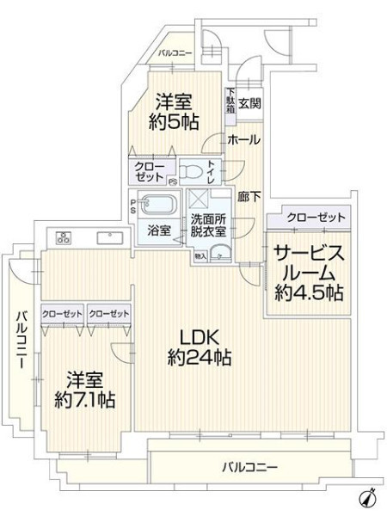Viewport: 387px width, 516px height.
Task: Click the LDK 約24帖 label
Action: pos(200,347)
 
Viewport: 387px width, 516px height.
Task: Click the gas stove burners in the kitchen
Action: pos(64,237)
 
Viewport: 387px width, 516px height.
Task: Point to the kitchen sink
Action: pos(110,238)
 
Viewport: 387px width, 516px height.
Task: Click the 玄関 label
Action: pos(249,104)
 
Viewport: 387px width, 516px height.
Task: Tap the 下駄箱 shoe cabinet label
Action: pos(230,101)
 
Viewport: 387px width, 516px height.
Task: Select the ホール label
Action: pos(244,140)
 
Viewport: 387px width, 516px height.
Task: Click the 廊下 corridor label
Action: pos(249,197)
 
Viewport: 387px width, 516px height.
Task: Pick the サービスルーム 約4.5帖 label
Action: pos(309,273)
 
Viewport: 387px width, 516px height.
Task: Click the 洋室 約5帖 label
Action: pos(174,112)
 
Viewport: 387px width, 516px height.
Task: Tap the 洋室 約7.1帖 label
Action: pos(84,390)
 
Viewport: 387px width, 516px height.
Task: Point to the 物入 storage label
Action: pos(200,256)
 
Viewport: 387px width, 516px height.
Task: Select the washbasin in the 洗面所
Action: pos(220,253)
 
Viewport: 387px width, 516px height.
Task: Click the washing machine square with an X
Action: pos(198,200)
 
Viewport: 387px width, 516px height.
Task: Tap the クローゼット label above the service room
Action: pos(316,218)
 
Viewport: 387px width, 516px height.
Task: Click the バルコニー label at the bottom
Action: pos(249,467)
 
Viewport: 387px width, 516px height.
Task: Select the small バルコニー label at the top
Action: pos(175,53)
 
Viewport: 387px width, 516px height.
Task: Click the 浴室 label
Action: pos(159,230)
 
